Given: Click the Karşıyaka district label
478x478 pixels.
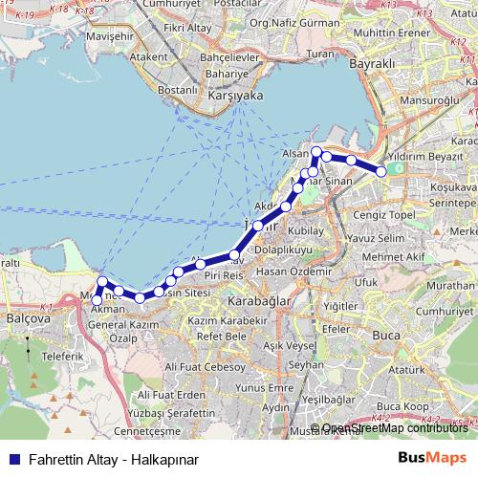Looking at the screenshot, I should [x=235, y=97].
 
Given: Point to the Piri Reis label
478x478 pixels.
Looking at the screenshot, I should [x=221, y=274].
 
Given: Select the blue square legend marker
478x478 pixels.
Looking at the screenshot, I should [x=13, y=459].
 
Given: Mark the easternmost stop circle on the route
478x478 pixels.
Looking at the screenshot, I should [x=381, y=171].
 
